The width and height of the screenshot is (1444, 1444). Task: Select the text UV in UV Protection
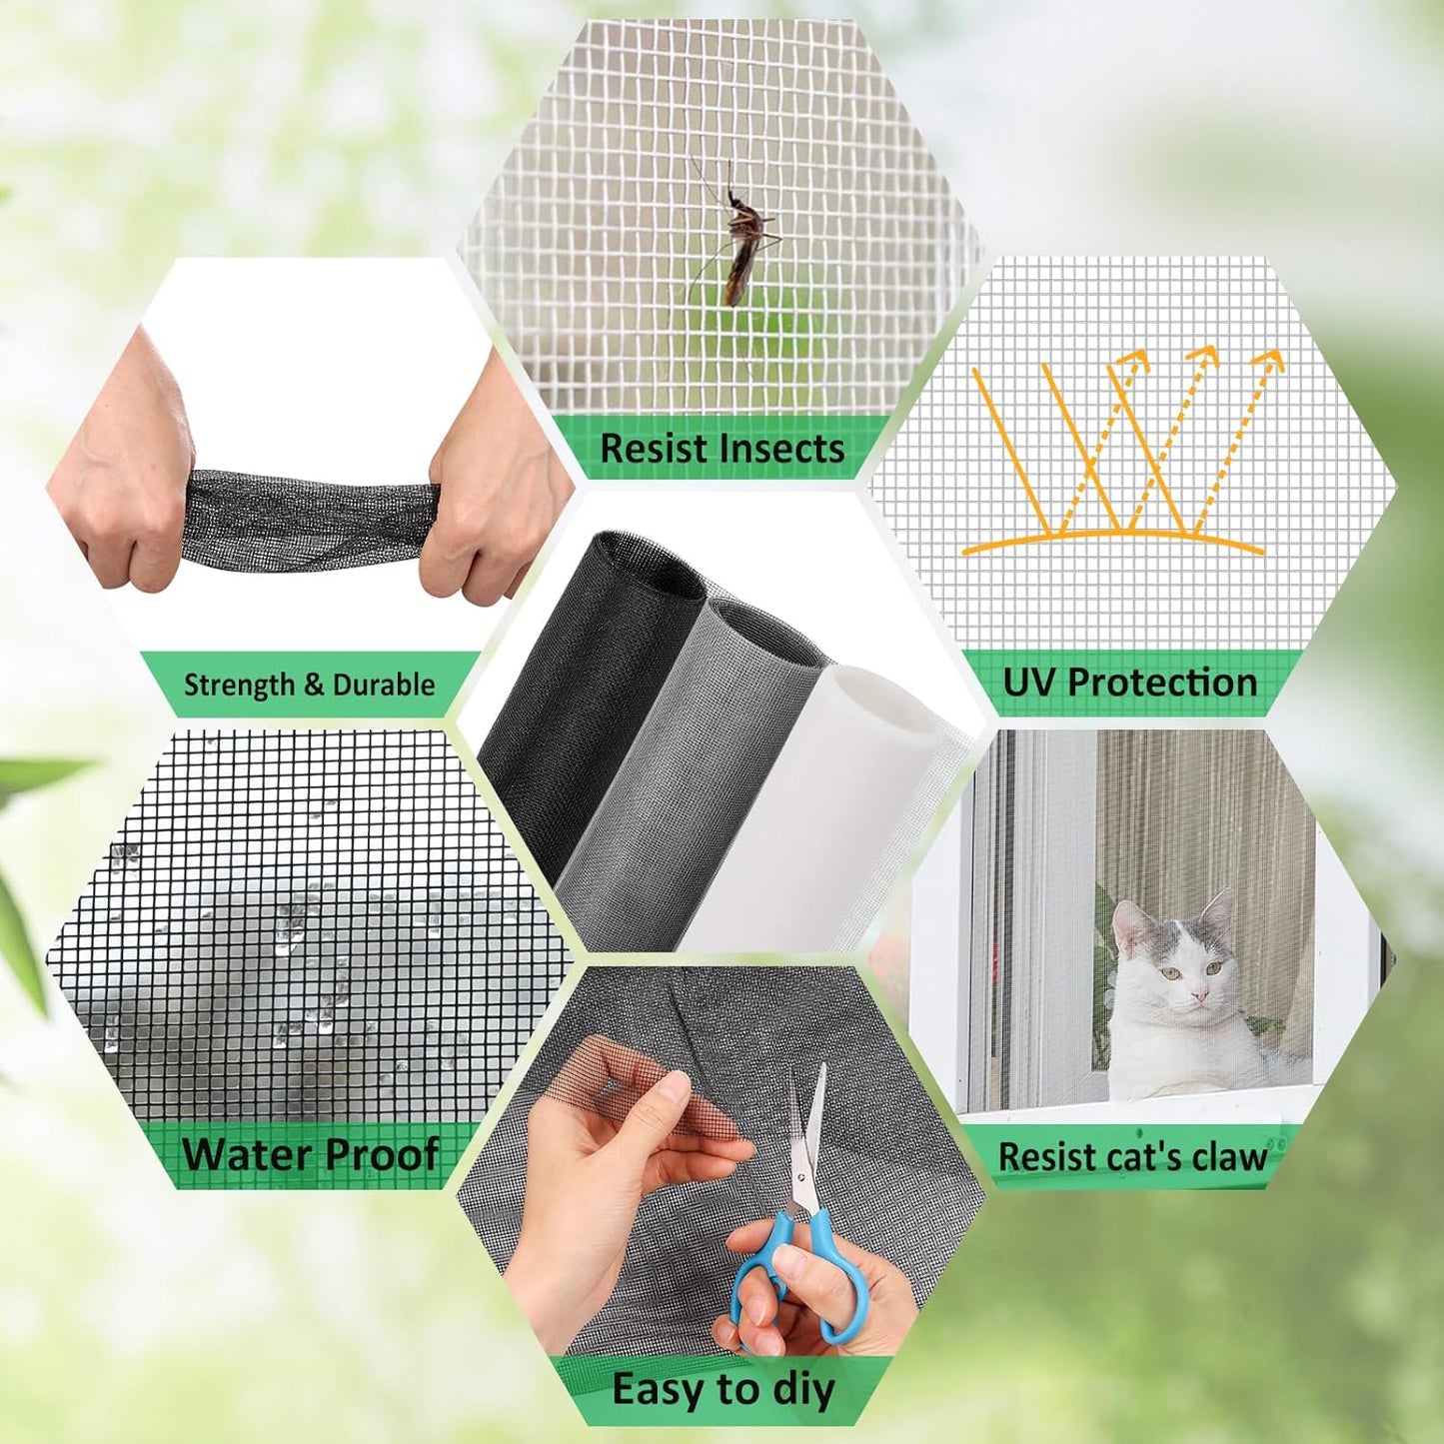[1028, 683]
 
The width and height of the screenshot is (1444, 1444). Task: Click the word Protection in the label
[1162, 683]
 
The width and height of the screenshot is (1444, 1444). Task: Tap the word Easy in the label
[657, 1390]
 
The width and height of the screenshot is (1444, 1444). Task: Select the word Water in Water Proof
[246, 1154]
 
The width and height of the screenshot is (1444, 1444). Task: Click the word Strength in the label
[239, 685]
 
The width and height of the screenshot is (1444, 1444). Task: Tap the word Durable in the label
[384, 685]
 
